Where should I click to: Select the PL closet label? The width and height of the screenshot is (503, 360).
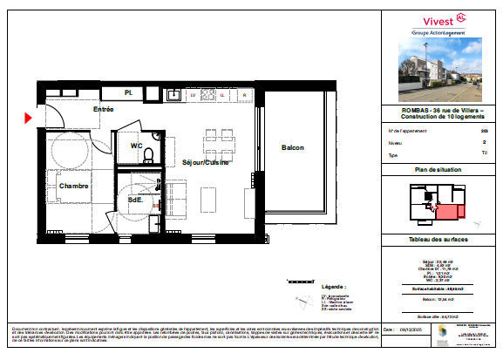click(x=127, y=92)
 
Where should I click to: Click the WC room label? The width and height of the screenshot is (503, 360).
click(x=137, y=146)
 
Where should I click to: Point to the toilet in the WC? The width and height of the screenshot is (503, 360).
click(x=149, y=155)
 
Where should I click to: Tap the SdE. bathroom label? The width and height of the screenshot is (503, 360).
click(x=135, y=199)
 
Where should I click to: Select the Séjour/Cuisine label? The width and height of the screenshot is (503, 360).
click(x=205, y=162)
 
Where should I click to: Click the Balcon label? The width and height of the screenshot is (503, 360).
click(x=292, y=148)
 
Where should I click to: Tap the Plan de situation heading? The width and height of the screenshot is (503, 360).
click(x=438, y=169)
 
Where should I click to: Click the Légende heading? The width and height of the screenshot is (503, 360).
click(x=334, y=286)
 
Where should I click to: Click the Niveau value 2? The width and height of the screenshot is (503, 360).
click(x=484, y=140)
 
